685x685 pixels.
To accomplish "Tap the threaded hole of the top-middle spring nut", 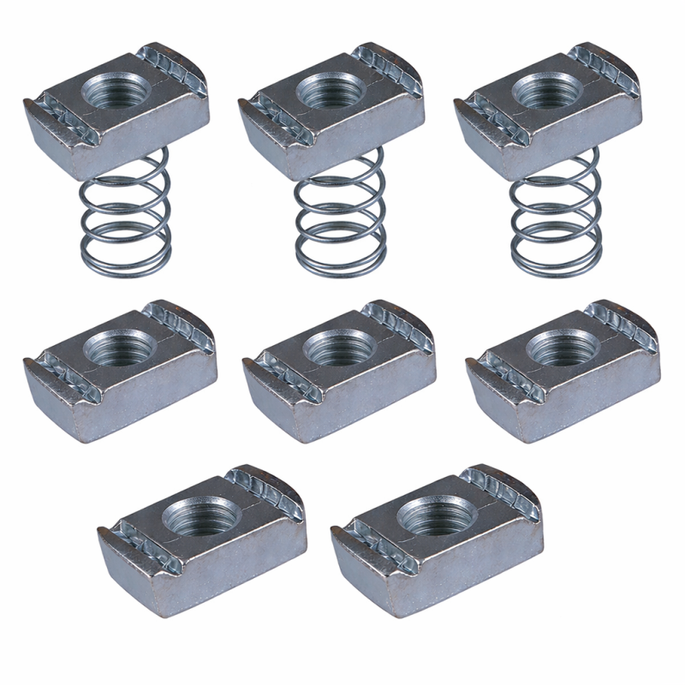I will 329,90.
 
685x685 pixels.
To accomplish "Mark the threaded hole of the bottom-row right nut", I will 432,515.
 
